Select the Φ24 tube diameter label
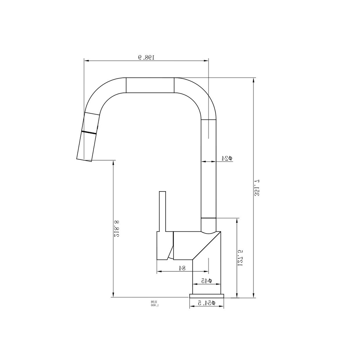click(227, 158)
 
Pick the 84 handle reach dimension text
click(182, 268)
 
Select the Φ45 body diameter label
click(206, 280)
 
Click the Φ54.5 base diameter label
click(206, 303)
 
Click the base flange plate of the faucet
click(207, 296)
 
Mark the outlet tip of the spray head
click(85, 159)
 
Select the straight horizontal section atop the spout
click(150, 85)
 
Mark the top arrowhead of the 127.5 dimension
click(237, 221)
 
